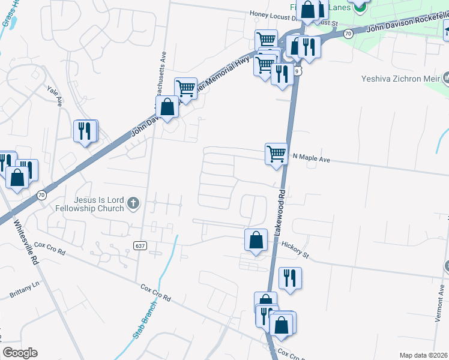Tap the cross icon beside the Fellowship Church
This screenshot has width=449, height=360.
[x=133, y=205]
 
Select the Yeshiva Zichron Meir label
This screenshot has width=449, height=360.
[x=400, y=78]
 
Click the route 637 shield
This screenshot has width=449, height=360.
[x=140, y=245]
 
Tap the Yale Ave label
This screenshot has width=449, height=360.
[x=55, y=95]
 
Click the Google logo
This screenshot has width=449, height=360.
[x=20, y=353]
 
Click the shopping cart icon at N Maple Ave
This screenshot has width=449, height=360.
[x=276, y=154]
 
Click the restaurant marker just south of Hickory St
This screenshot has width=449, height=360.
[x=290, y=278]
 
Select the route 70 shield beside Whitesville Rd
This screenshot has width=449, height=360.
[x=41, y=195]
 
